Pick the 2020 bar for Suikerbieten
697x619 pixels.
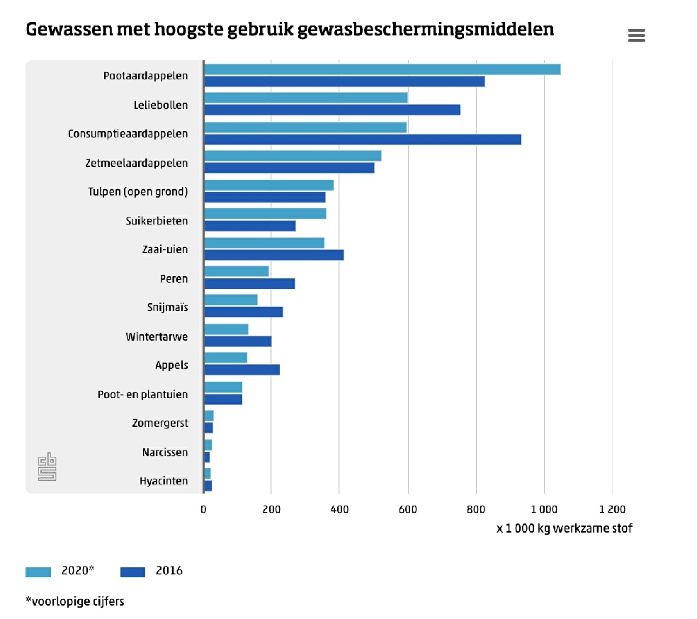pyautogui.click(x=265, y=214)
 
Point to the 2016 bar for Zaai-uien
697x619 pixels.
pyautogui.click(x=273, y=255)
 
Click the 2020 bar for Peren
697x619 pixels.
pyautogui.click(x=237, y=271)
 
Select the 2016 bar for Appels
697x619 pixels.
pyautogui.click(x=242, y=370)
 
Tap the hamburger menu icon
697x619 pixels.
pyautogui.click(x=636, y=35)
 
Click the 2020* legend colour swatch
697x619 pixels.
pyautogui.click(x=38, y=572)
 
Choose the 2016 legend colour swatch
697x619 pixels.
pyautogui.click(x=132, y=572)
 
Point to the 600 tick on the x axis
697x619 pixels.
pyautogui.click(x=408, y=509)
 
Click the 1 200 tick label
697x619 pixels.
pyautogui.click(x=612, y=509)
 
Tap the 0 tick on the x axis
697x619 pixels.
pyautogui.click(x=203, y=509)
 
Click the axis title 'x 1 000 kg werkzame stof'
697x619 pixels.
pyautogui.click(x=564, y=528)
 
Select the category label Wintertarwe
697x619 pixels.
pyautogui.click(x=157, y=337)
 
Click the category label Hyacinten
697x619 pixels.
pyautogui.click(x=164, y=482)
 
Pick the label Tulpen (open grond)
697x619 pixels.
pyautogui.click(x=137, y=192)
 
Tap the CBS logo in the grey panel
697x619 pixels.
pyautogui.click(x=47, y=467)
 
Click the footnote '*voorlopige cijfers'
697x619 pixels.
pyautogui.click(x=75, y=602)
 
